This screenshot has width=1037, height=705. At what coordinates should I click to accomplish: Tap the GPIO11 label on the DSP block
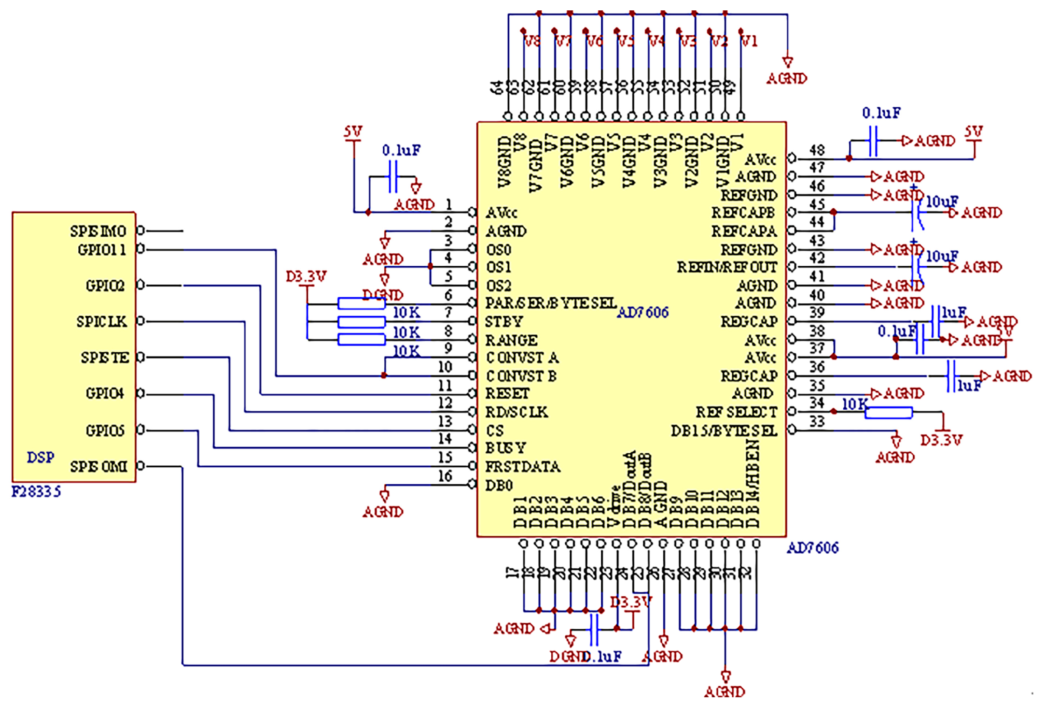(102, 250)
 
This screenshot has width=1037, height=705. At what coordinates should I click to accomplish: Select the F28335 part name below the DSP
(36, 491)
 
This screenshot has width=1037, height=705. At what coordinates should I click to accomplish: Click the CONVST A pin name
(522, 358)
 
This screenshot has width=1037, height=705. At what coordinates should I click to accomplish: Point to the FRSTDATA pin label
(522, 467)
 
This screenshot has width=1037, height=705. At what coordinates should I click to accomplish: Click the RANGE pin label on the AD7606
(511, 340)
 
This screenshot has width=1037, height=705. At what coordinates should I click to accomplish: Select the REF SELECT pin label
(736, 412)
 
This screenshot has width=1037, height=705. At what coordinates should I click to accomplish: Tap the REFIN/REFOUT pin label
(727, 267)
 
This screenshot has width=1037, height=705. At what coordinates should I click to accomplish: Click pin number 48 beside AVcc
(817, 150)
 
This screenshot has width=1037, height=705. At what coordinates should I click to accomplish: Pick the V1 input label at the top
(749, 42)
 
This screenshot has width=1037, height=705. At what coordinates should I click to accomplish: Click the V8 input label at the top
(532, 42)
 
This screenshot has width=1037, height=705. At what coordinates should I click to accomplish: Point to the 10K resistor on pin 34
(889, 413)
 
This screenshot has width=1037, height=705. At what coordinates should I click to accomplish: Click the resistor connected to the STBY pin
(361, 322)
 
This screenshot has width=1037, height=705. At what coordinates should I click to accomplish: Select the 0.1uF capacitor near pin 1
(393, 177)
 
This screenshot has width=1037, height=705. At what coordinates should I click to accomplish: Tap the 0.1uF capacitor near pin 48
(873, 141)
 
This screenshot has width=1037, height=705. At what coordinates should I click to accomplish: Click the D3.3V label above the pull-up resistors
(306, 276)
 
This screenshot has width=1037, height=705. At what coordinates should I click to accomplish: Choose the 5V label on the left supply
(352, 132)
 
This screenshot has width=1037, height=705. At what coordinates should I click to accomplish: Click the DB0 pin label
(499, 485)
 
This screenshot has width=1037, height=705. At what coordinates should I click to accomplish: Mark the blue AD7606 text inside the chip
(643, 313)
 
